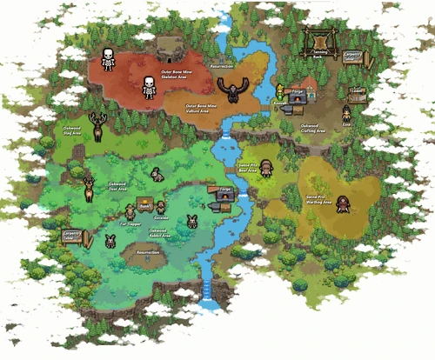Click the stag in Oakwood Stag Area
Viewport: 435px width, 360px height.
click(98, 126)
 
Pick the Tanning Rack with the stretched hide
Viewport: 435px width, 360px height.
click(319, 42)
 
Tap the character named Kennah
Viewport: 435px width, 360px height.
click(280, 92)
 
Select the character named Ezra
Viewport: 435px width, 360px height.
click(346, 114)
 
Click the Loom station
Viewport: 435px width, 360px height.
click(357, 94)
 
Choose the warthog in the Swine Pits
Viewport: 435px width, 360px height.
click(344, 203)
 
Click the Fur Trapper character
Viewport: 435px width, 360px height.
click(130, 211)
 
